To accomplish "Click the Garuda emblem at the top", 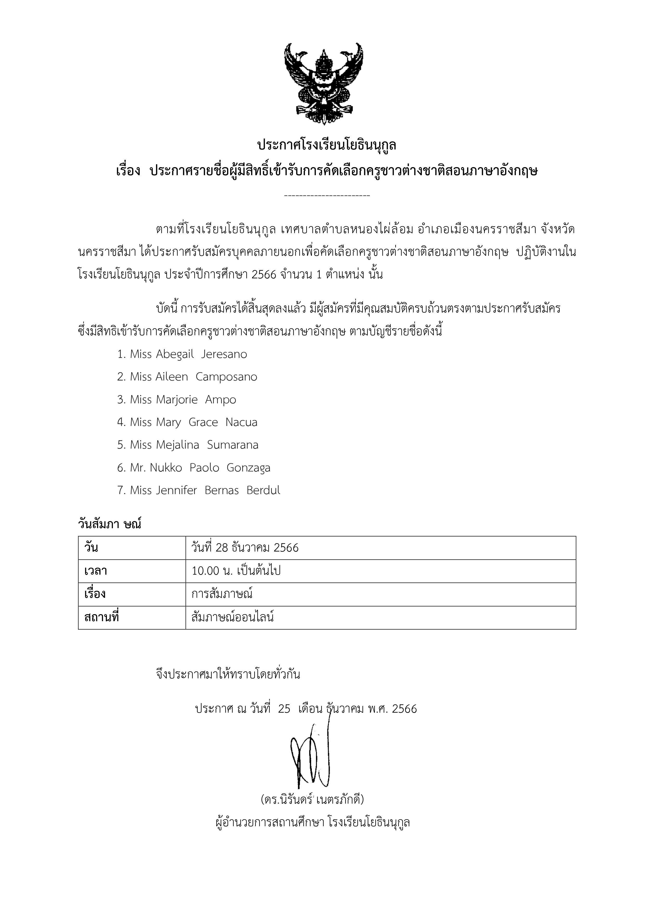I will click(x=324, y=83).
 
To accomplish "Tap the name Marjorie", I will click(x=176, y=399).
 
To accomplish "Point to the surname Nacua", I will click(x=241, y=422).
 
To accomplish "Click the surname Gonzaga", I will click(x=248, y=468).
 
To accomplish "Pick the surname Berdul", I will click(x=263, y=490).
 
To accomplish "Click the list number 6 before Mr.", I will click(x=121, y=468).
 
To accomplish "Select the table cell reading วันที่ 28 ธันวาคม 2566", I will click(x=245, y=548).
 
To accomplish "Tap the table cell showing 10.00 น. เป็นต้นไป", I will click(x=236, y=571).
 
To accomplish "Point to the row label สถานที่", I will click(x=102, y=617).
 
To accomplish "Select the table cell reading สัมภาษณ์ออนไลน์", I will click(x=233, y=617).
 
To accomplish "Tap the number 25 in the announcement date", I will click(x=284, y=709).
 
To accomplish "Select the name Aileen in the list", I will click(x=172, y=377).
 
